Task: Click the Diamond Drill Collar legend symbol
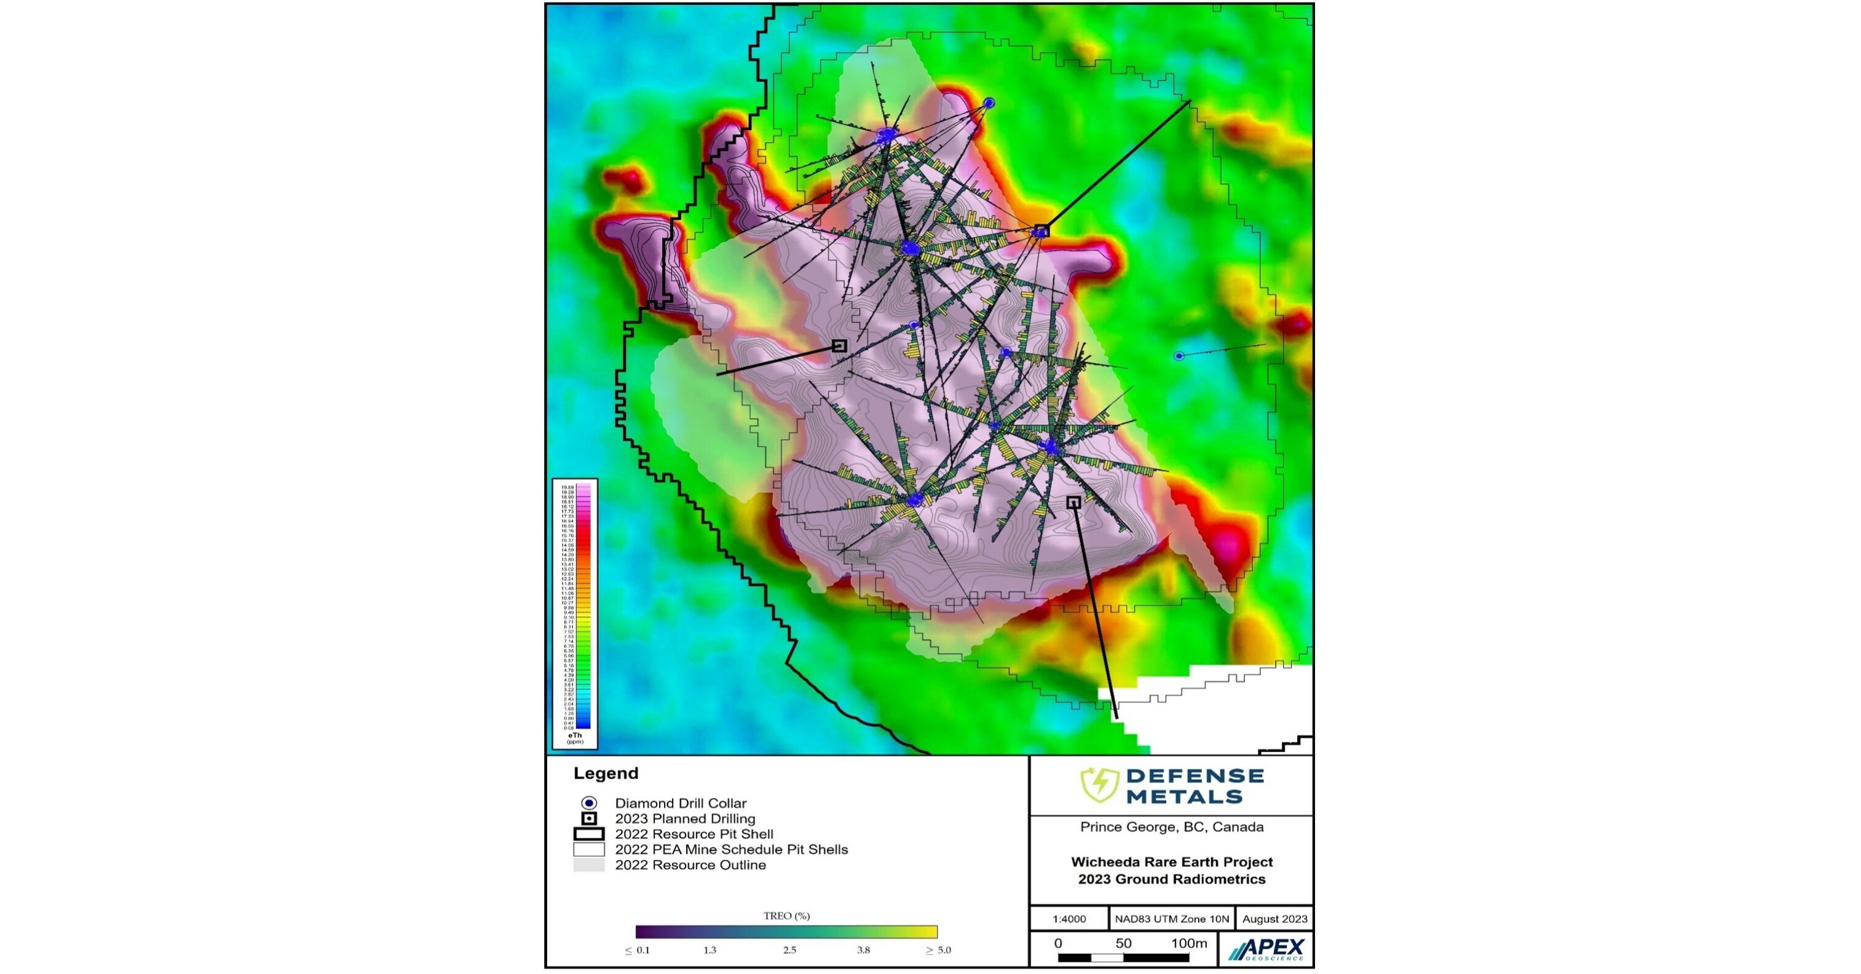(x=589, y=803)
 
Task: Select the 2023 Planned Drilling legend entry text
(x=684, y=819)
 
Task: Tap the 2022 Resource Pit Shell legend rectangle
(x=589, y=834)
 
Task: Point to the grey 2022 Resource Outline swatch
(x=589, y=865)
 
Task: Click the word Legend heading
(x=606, y=773)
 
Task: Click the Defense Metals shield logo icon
(x=1099, y=785)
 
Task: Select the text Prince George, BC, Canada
(x=1171, y=827)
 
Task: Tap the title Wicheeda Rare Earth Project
(x=1171, y=862)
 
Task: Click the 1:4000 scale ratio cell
(x=1069, y=919)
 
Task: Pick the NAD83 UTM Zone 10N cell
(x=1171, y=919)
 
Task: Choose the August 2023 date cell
(x=1274, y=919)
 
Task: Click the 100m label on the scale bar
(x=1188, y=943)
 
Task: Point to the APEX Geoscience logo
(x=1266, y=949)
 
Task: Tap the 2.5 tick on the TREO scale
(x=789, y=950)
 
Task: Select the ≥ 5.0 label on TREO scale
(x=938, y=950)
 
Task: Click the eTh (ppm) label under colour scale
(x=575, y=738)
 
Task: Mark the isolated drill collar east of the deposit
(x=1179, y=356)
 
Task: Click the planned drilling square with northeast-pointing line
(x=1041, y=231)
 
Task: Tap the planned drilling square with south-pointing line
(x=1073, y=503)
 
